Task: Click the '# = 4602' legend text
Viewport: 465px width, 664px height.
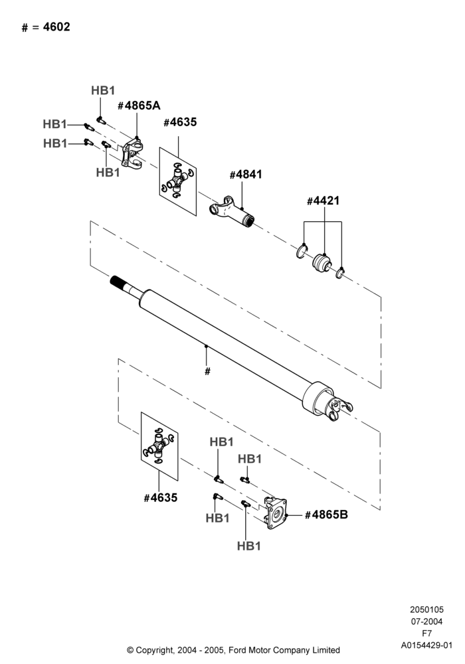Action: (x=46, y=27)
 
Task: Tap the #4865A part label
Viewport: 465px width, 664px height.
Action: (x=139, y=106)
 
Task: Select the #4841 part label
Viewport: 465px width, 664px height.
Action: (x=246, y=175)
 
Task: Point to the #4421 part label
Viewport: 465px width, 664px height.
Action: (x=323, y=201)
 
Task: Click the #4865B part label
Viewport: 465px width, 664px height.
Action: (x=326, y=515)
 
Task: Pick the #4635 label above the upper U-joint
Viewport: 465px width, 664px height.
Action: (x=180, y=122)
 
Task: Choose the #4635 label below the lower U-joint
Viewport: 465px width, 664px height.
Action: (x=161, y=497)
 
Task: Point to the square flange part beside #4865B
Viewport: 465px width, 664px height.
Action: (x=276, y=513)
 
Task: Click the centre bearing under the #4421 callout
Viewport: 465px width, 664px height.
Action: (x=321, y=262)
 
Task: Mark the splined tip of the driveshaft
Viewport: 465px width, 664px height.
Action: (x=118, y=281)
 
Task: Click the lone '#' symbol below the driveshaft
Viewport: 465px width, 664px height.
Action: (x=207, y=371)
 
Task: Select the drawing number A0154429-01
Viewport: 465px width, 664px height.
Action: (x=427, y=645)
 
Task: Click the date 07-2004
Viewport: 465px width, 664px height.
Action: (x=427, y=622)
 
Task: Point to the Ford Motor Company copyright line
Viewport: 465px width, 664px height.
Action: (x=233, y=650)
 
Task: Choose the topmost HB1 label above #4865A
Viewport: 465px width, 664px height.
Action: (x=103, y=90)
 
